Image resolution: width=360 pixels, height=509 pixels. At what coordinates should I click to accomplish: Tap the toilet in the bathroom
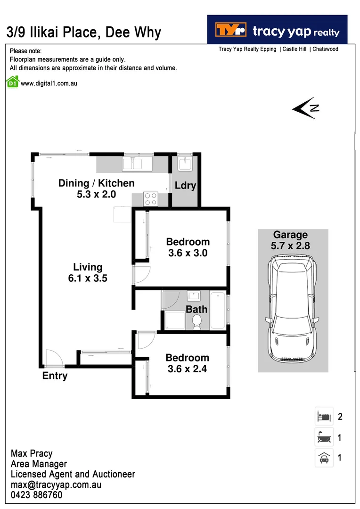tap(197, 322)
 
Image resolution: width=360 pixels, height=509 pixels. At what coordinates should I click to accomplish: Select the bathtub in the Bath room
tap(218, 311)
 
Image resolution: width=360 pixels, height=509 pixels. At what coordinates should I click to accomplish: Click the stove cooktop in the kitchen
tap(151, 198)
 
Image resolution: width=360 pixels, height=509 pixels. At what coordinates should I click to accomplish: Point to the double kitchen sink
tap(132, 164)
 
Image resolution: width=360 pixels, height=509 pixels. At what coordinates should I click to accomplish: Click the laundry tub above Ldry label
tap(184, 164)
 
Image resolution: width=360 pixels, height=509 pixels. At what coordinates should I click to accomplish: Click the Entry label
tap(55, 376)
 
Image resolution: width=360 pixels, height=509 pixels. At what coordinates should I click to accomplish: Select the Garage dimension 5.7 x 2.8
tap(290, 246)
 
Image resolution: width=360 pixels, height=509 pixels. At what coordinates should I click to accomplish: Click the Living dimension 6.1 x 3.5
tap(87, 279)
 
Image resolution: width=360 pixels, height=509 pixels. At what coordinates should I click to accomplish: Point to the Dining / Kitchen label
tap(96, 183)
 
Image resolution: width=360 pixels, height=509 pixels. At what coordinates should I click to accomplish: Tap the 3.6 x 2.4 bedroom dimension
tap(187, 369)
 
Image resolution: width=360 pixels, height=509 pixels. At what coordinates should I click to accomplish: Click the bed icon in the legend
tap(324, 416)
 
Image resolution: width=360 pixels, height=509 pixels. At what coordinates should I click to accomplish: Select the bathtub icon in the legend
tap(324, 437)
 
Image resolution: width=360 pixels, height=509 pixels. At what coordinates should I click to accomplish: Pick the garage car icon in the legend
tap(324, 458)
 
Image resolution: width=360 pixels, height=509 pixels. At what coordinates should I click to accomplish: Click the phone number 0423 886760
tap(36, 495)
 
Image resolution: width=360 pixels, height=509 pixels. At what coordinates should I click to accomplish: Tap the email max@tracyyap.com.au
tap(56, 485)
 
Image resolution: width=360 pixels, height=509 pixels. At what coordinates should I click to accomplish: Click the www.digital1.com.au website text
tap(49, 83)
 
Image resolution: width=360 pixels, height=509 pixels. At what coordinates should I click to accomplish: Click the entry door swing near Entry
tap(54, 358)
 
